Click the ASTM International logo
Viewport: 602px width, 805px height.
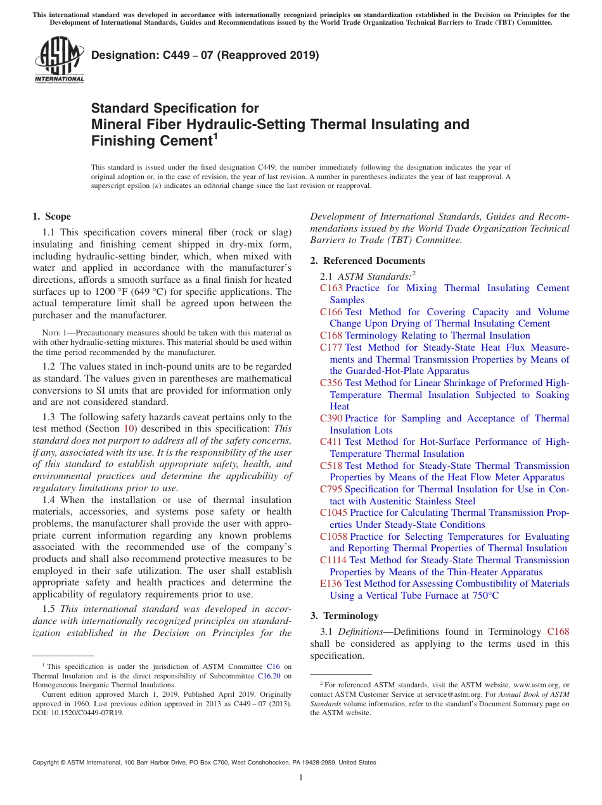59,59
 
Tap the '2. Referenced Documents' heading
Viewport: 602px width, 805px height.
368,261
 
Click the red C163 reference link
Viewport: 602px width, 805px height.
331,288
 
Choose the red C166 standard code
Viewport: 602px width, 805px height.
331,312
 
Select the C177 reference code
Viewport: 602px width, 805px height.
331,347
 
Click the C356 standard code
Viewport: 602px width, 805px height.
331,383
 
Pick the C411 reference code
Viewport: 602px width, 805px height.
331,442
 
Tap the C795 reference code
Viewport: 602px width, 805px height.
331,489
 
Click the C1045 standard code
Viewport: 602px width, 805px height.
333,513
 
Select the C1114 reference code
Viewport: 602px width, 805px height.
333,560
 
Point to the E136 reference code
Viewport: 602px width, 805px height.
331,583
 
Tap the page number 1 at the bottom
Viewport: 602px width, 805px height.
301,778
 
